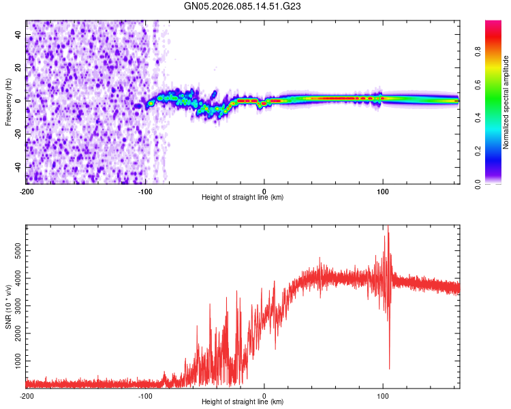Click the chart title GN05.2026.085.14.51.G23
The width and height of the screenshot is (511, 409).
[243, 6]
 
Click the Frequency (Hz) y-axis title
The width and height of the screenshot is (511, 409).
[8, 102]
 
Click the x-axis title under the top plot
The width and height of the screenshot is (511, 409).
[243, 197]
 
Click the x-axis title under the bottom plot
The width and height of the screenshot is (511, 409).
[243, 402]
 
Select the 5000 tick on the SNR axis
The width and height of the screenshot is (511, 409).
[14, 252]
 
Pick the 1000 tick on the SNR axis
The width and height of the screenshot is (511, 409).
[14, 358]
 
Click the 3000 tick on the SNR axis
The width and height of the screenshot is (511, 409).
[14, 305]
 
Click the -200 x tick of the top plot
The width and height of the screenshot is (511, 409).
[26, 191]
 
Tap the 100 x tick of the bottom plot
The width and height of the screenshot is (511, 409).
[383, 395]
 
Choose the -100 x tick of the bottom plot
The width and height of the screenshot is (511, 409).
[145, 395]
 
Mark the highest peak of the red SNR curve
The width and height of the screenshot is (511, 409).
[388, 232]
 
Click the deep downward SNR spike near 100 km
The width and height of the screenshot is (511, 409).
[389, 368]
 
